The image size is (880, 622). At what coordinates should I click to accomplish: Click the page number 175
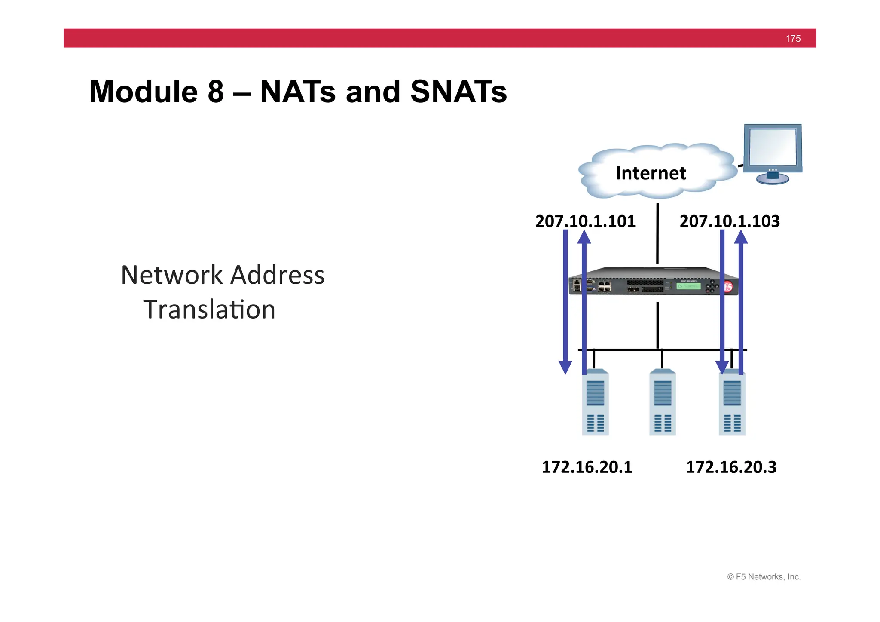(793, 39)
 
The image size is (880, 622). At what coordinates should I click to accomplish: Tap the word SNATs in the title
(458, 92)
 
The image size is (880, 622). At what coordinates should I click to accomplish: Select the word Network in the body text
(171, 275)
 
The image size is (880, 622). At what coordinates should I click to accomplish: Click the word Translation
(209, 310)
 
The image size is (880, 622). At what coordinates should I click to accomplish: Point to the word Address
(278, 275)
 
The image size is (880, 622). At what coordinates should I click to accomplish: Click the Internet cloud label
(651, 173)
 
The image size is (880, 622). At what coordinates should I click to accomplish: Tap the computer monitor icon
(773, 153)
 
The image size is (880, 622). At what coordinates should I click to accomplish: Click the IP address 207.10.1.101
(585, 221)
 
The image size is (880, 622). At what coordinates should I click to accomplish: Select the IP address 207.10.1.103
(729, 221)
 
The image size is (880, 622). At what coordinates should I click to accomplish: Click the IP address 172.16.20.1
(587, 467)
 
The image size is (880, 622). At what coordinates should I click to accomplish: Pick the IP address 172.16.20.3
(731, 467)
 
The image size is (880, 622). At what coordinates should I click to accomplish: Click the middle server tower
(662, 402)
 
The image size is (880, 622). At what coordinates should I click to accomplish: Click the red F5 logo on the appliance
(728, 287)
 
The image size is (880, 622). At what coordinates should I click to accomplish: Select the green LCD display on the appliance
(688, 286)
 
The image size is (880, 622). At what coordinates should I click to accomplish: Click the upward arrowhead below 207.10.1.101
(584, 237)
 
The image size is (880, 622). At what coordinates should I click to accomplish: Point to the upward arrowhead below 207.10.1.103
(741, 237)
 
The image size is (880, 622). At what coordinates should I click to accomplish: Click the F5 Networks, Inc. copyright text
(764, 577)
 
